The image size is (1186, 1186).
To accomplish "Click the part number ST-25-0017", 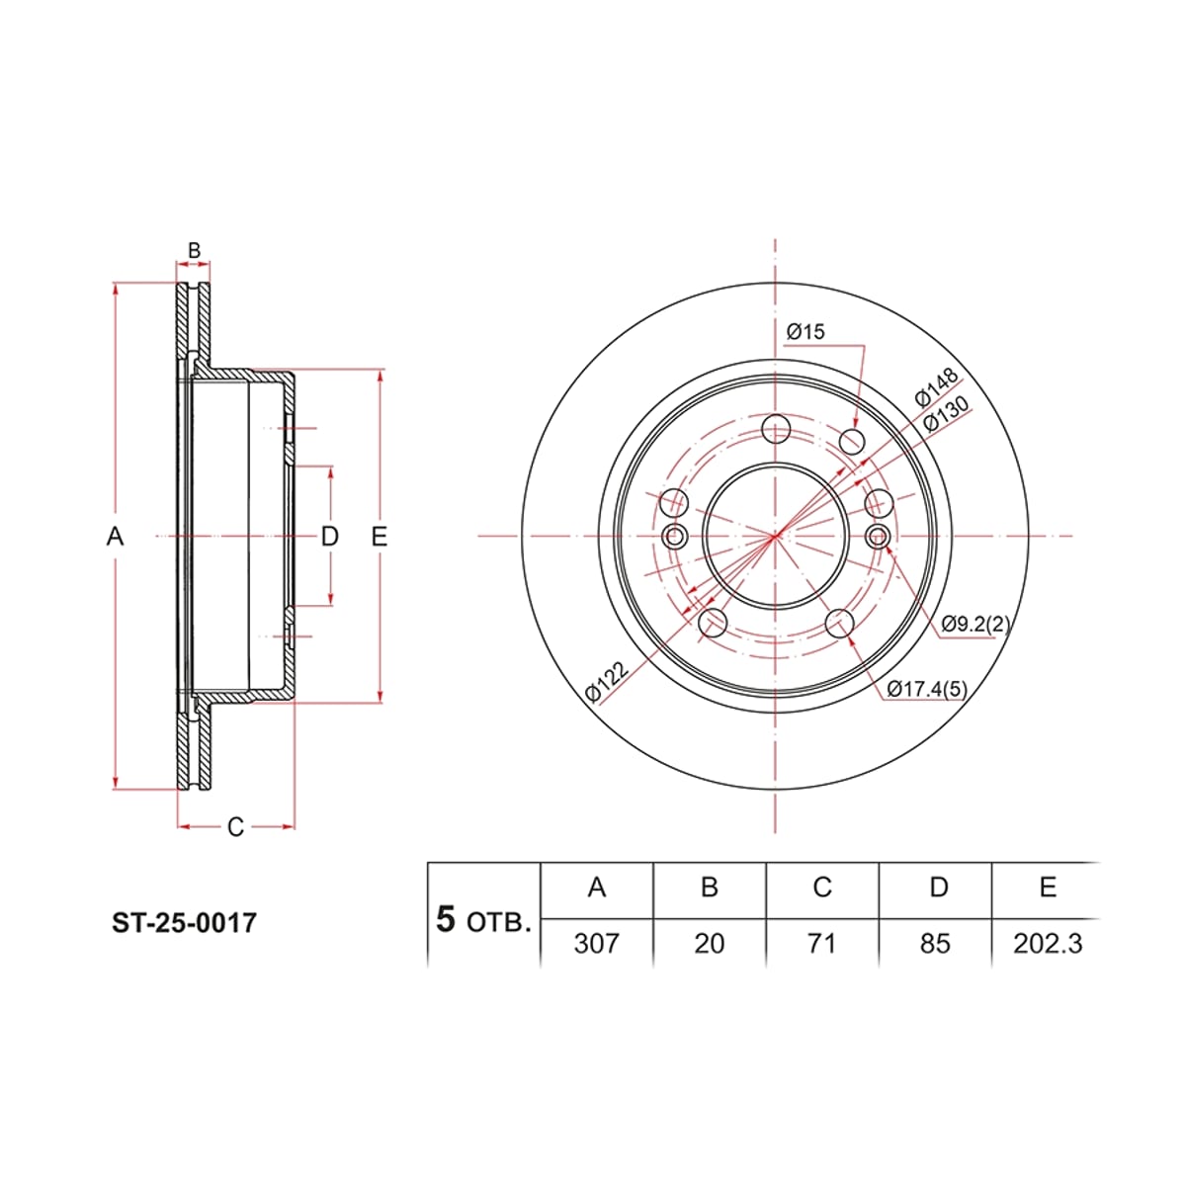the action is tap(184, 923).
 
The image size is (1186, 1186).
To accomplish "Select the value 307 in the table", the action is tap(596, 944).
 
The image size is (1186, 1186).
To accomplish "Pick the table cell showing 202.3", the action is tap(1048, 944).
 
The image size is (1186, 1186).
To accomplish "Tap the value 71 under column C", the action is tap(821, 944).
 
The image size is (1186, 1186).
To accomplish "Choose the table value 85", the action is tap(935, 944).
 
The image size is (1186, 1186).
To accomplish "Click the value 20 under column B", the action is tap(709, 944).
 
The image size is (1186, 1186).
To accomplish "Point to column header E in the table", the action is tap(1048, 887).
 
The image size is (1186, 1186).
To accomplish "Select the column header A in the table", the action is tap(596, 887).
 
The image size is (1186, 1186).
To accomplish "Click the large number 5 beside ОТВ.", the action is tap(446, 920).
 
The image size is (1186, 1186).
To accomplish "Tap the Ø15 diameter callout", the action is tap(805, 332).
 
